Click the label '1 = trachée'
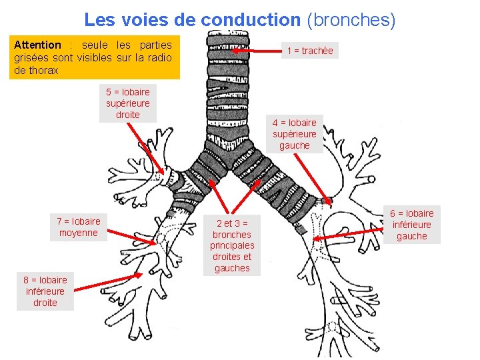309,51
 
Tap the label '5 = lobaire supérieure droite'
128,103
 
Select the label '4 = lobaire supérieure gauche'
295,133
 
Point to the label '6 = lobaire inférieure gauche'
411,225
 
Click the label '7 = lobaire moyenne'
78,227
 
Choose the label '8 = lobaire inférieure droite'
45,291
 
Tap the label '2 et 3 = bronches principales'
232,245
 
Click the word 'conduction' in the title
251,20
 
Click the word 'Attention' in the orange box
37,45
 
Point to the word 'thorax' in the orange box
45,70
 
